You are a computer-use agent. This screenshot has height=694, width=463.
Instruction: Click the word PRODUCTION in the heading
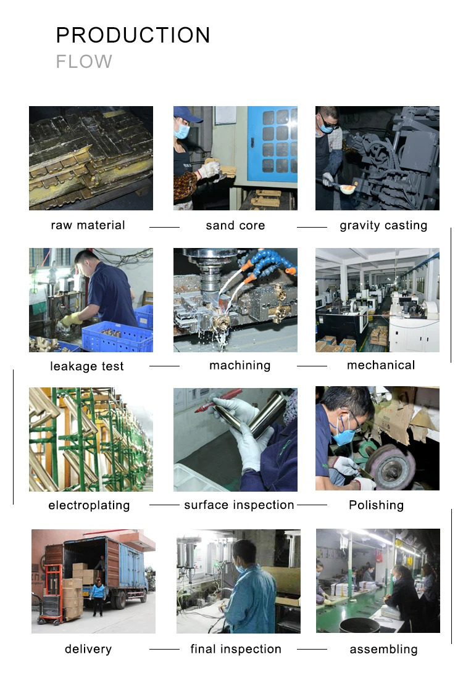[133, 36]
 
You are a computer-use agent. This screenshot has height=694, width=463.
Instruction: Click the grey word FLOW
[84, 62]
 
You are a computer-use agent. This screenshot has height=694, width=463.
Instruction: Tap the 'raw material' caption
[88, 226]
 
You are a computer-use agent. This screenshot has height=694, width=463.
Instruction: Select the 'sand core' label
[235, 226]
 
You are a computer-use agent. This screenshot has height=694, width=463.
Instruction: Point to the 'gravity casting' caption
[383, 226]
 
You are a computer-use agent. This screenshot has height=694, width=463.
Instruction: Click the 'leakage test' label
[87, 366]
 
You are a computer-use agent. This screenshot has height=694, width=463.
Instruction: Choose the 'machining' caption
[240, 366]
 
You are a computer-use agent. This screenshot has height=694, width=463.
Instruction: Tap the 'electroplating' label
[89, 506]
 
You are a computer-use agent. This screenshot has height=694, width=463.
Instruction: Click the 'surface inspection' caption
[239, 505]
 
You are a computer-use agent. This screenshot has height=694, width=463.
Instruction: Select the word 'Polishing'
[376, 505]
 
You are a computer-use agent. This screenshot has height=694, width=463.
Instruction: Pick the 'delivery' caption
[88, 649]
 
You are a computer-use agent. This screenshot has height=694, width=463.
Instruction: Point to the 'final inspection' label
[236, 649]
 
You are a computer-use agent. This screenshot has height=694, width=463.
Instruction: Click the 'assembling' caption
[383, 650]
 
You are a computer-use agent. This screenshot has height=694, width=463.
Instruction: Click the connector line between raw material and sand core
[164, 227]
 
